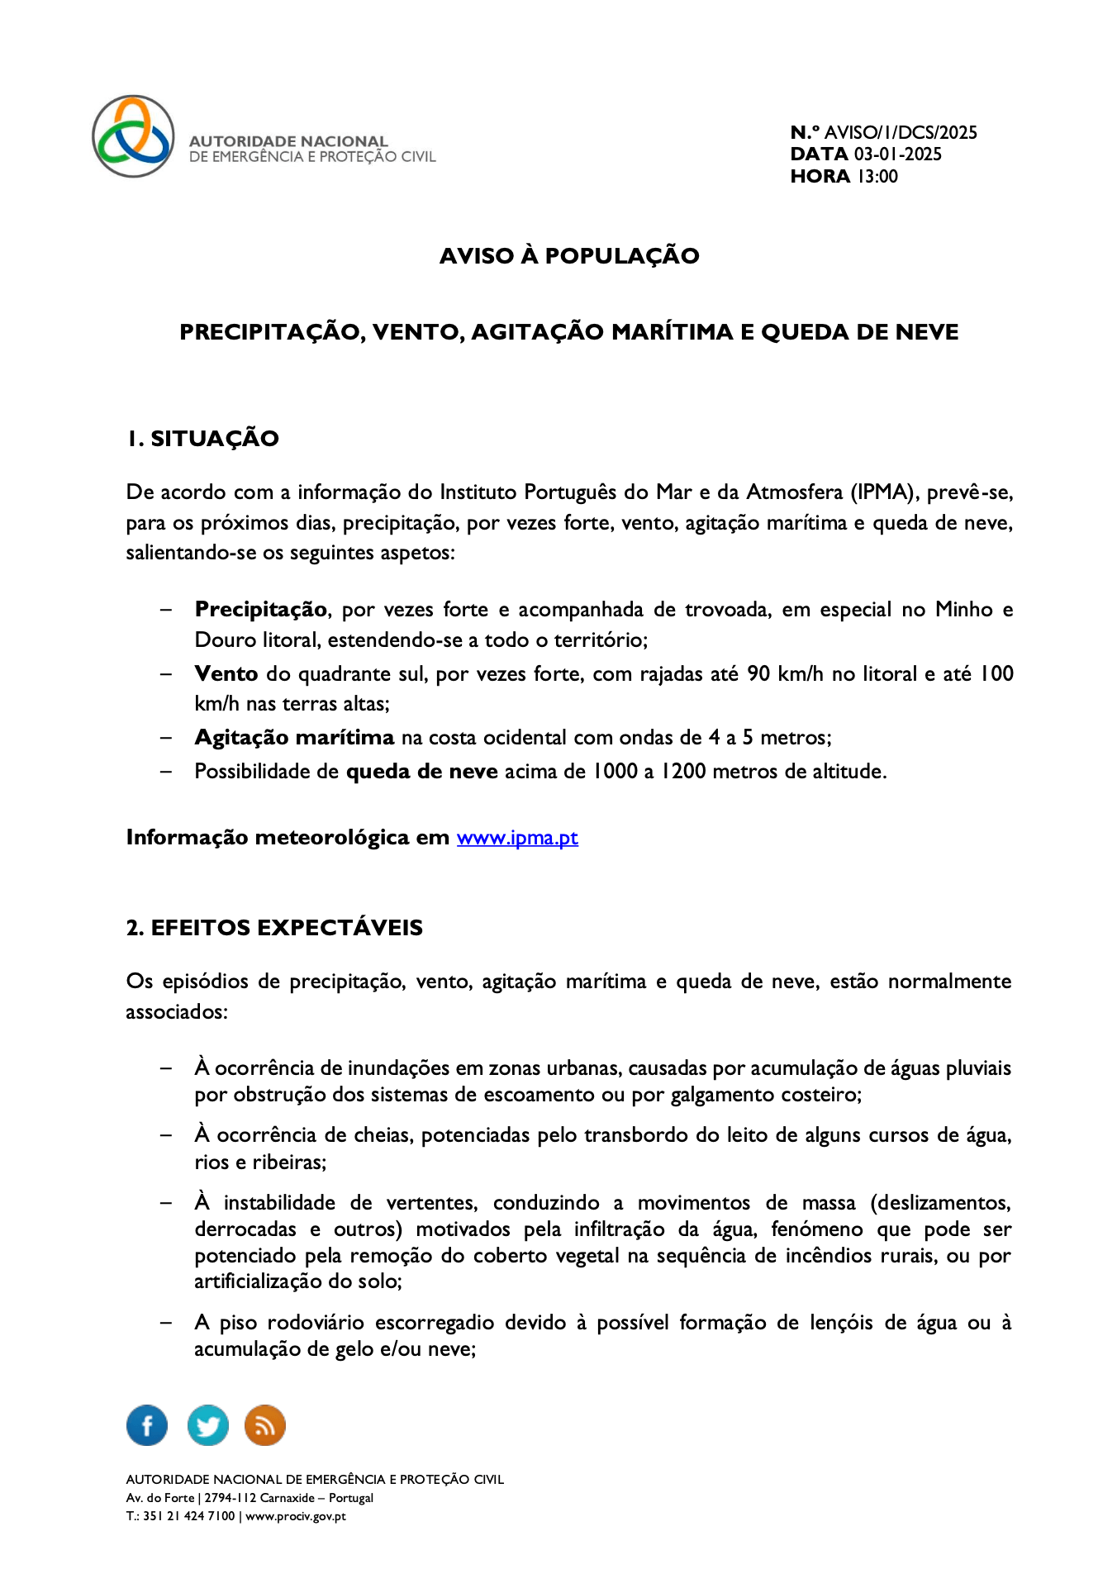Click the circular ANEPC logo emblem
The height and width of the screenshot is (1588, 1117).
[x=133, y=136]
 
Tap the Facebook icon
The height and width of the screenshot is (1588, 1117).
[x=147, y=1425]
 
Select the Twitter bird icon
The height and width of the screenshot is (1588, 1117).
[x=207, y=1425]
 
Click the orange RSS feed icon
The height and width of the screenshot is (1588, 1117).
[x=265, y=1425]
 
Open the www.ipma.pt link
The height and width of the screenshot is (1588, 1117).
[x=517, y=838]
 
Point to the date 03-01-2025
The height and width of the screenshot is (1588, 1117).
[x=897, y=155]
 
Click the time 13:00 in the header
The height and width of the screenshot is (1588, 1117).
[x=877, y=176]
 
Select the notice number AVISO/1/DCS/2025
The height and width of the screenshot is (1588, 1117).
[x=901, y=132]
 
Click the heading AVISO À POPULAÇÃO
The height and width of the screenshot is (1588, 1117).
[x=569, y=256]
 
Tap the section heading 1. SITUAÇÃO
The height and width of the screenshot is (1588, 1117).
[x=203, y=439]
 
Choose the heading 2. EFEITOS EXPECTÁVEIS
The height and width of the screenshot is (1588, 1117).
[x=274, y=928]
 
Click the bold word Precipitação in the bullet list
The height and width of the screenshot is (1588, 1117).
[x=261, y=610]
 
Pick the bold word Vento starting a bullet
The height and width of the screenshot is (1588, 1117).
[x=226, y=674]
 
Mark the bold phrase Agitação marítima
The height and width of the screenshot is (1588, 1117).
[x=294, y=738]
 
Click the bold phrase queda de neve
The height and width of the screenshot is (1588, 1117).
[x=421, y=772]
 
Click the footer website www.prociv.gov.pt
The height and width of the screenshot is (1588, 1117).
[x=296, y=1516]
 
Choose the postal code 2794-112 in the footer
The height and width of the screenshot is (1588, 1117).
[x=231, y=1498]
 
